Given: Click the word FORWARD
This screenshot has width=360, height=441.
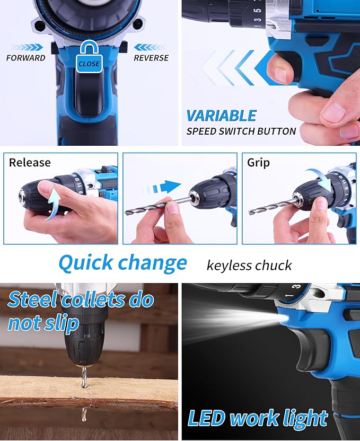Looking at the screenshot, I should point(26,58).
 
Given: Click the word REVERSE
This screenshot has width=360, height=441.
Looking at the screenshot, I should point(151,58).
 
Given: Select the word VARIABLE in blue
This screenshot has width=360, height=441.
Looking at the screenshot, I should point(221,116).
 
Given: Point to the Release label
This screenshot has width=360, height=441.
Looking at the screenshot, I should point(30,163).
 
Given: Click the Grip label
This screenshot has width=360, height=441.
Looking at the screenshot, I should point(259,163).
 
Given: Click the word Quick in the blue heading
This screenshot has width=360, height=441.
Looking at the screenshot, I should point(85,263).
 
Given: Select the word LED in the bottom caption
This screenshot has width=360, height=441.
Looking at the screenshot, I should point(205,418).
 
